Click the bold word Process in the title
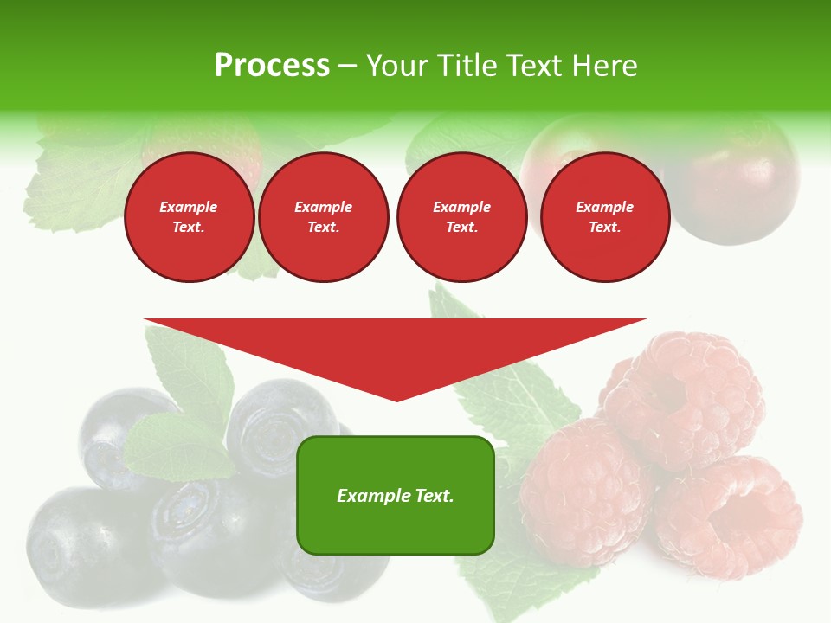[272, 66]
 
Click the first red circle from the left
[189, 217]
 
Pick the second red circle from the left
[323, 217]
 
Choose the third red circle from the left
[461, 217]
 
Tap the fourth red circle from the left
[604, 217]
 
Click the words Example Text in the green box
[396, 496]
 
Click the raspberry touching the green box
[576, 493]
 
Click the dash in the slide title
[347, 66]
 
